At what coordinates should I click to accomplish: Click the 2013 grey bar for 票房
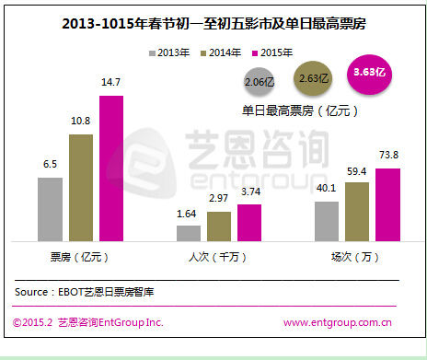tap(51, 208)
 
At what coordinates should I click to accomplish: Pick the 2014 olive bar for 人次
tap(219, 225)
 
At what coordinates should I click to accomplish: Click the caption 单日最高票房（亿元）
tap(300, 110)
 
